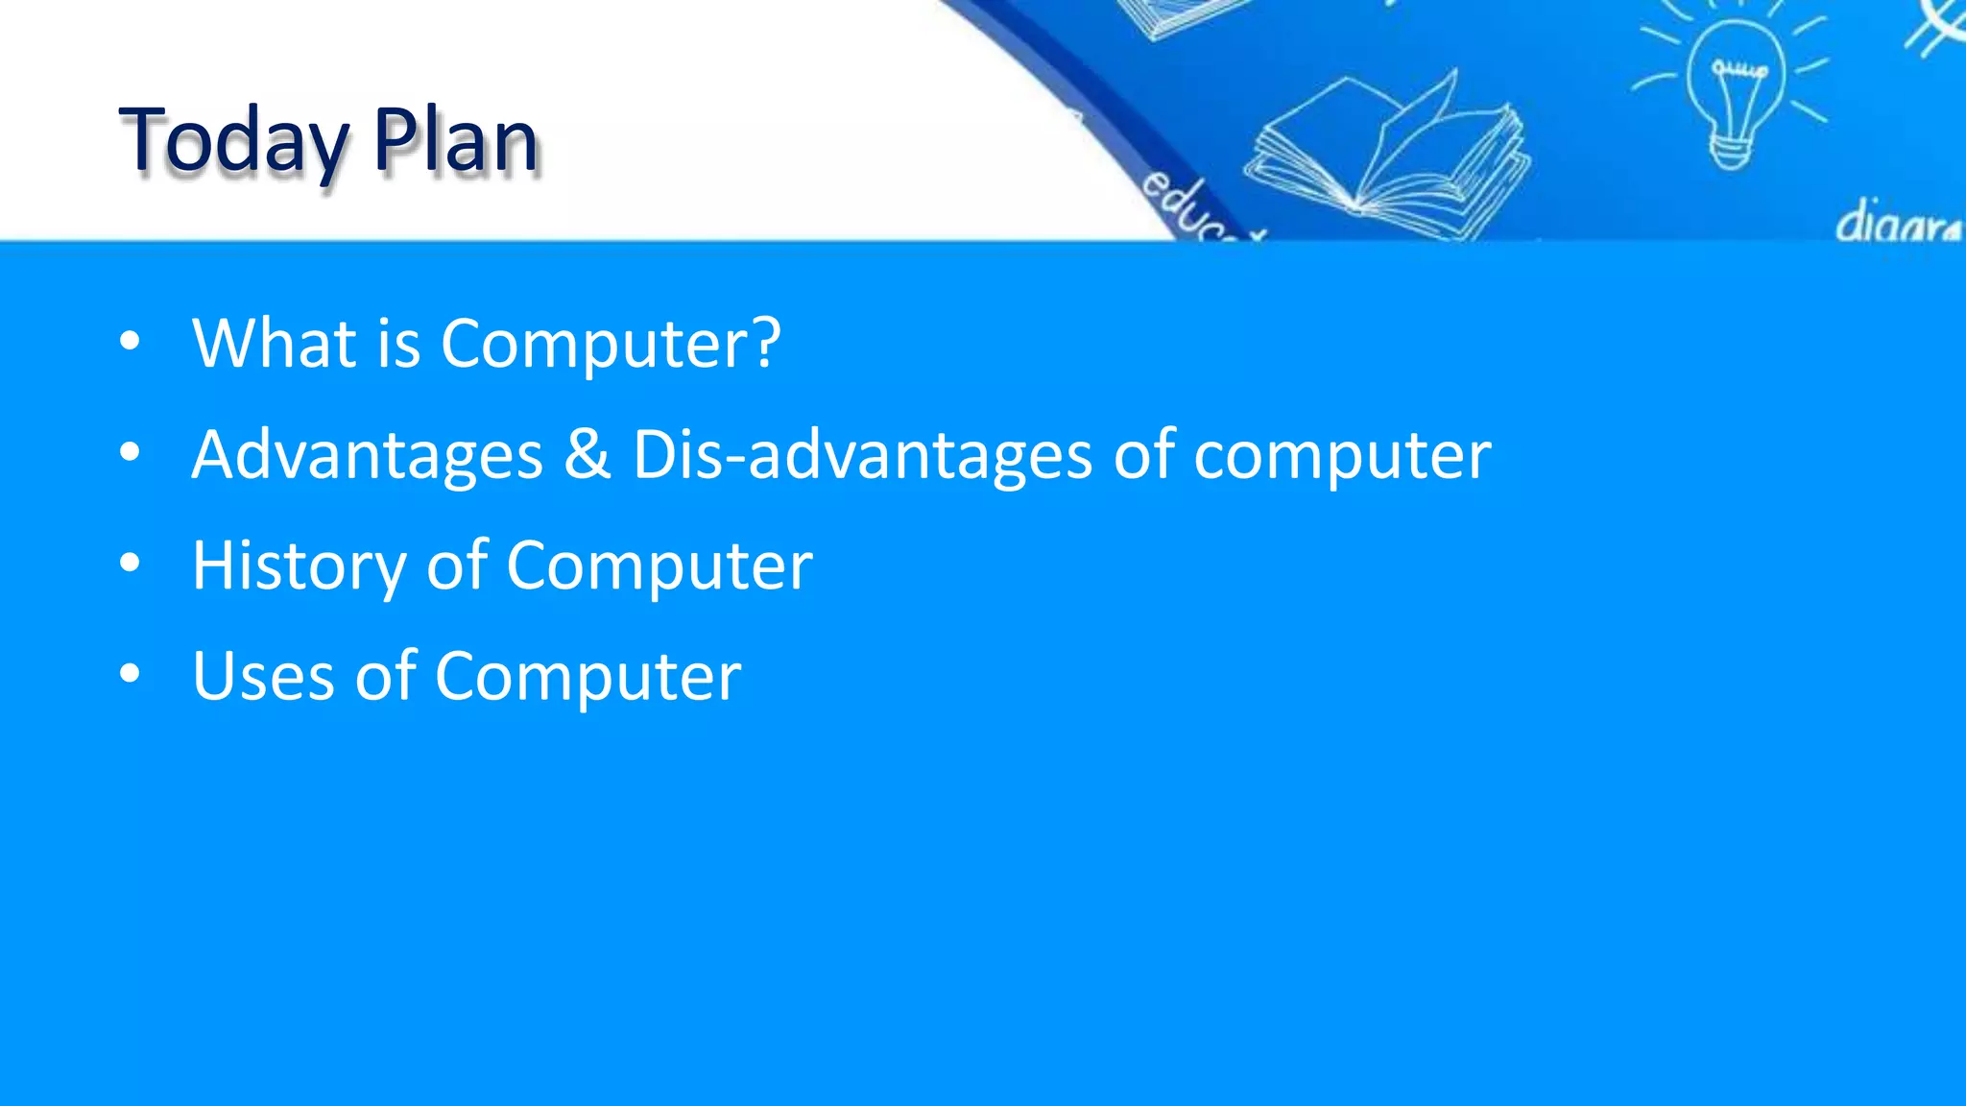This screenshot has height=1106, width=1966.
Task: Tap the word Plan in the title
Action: click(x=456, y=142)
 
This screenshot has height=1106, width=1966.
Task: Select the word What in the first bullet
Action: click(x=274, y=344)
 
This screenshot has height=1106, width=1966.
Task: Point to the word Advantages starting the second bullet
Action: click(x=367, y=455)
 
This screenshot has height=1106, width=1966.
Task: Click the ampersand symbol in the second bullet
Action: click(x=587, y=455)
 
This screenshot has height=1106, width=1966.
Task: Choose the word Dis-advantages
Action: click(x=861, y=455)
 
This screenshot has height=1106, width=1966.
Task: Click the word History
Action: click(x=299, y=566)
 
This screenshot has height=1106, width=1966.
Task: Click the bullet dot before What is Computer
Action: click(x=130, y=342)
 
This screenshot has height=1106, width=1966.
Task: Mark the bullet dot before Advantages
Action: click(x=130, y=452)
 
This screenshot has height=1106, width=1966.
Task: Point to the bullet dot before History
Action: click(x=130, y=564)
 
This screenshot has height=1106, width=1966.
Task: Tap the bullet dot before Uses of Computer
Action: click(x=130, y=674)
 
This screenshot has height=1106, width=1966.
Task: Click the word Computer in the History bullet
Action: click(x=659, y=566)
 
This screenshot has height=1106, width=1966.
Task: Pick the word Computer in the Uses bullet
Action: click(x=587, y=677)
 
